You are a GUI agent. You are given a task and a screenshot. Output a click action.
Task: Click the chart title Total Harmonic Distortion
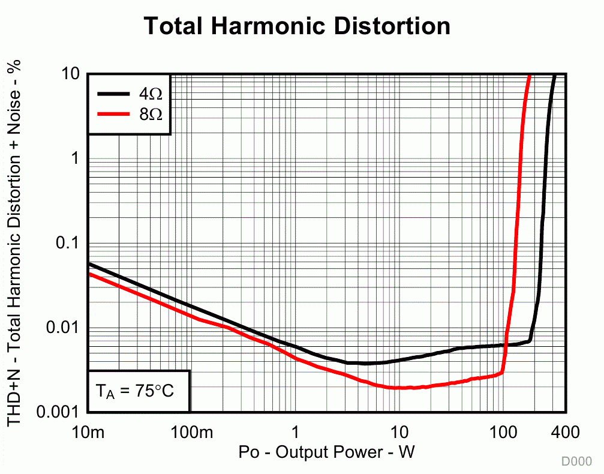click(297, 26)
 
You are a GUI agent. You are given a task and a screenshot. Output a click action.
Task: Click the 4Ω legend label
click(151, 94)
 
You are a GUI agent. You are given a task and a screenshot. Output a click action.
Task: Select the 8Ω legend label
click(151, 113)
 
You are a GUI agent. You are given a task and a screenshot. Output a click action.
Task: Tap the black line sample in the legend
click(114, 94)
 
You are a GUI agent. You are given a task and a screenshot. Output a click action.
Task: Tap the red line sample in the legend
click(114, 113)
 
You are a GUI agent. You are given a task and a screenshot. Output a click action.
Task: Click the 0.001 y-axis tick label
click(59, 412)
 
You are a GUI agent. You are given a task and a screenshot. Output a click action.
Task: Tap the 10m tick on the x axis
click(88, 432)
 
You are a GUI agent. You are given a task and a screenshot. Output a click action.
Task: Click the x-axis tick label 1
click(295, 432)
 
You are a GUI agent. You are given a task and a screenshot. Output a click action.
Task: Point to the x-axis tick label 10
click(399, 432)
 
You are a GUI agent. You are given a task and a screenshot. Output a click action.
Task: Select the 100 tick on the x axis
click(503, 432)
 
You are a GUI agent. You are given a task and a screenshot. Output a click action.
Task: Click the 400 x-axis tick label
click(565, 432)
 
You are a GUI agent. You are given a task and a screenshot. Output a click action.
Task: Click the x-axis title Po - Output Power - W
click(326, 451)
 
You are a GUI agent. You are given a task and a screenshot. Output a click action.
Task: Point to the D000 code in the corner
click(576, 461)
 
